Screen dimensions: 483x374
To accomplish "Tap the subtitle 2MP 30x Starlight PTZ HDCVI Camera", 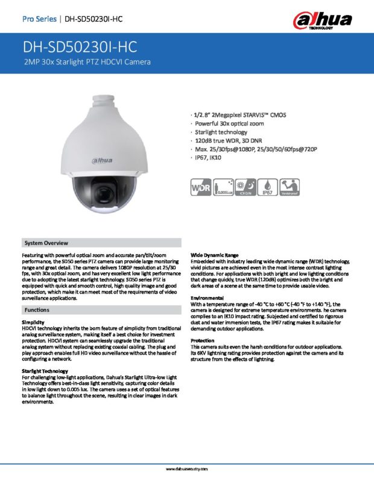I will click(86, 62).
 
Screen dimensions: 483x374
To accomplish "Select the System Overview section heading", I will click(46, 243).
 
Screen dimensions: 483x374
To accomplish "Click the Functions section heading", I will click(37, 309).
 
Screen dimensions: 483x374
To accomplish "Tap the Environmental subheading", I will click(208, 298).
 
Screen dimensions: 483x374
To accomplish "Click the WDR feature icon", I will click(201, 187).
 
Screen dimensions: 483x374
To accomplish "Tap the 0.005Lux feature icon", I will click(223, 187).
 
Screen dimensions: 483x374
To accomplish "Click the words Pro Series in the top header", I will click(39, 19).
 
